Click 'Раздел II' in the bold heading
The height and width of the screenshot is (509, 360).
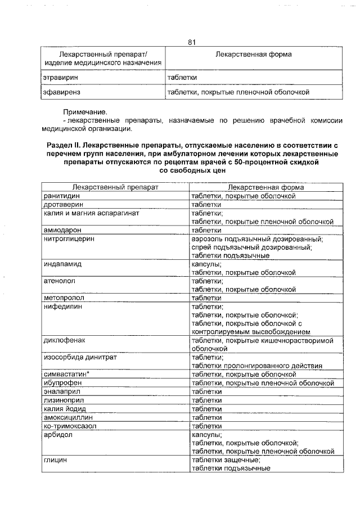(x=66, y=145)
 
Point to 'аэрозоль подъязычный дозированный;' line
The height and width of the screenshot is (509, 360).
(x=257, y=238)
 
